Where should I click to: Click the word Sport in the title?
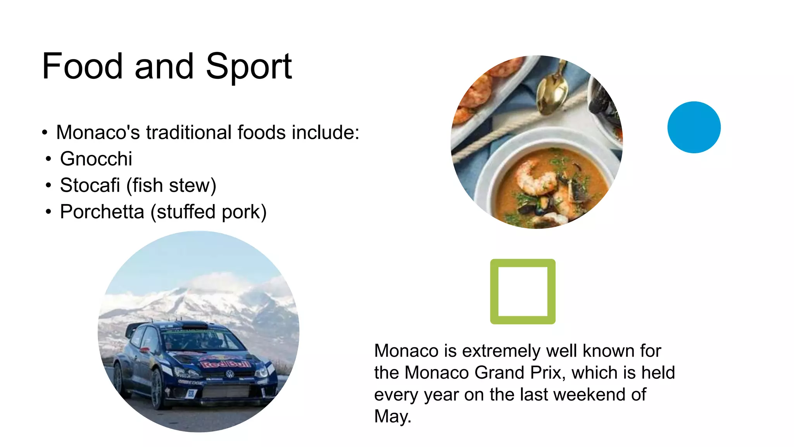(x=249, y=67)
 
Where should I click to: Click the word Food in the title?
(x=82, y=67)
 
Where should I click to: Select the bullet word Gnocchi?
(x=96, y=159)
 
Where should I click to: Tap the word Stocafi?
(x=90, y=185)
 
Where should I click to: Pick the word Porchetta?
(x=102, y=212)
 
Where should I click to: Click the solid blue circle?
(x=694, y=127)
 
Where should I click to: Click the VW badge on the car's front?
(x=230, y=374)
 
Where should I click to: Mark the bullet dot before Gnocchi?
(x=48, y=159)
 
